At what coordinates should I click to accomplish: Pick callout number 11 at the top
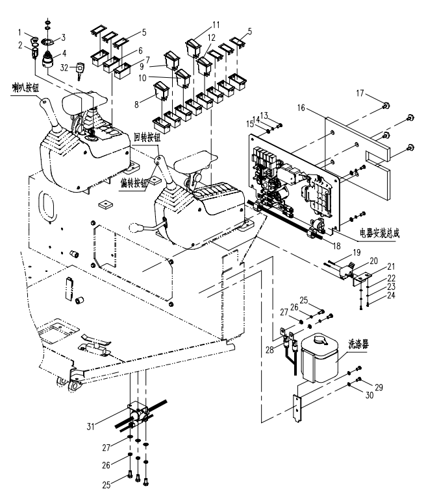[x=215, y=25]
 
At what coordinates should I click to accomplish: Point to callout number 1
[x=21, y=32]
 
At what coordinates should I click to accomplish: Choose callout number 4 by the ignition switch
[x=64, y=53]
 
